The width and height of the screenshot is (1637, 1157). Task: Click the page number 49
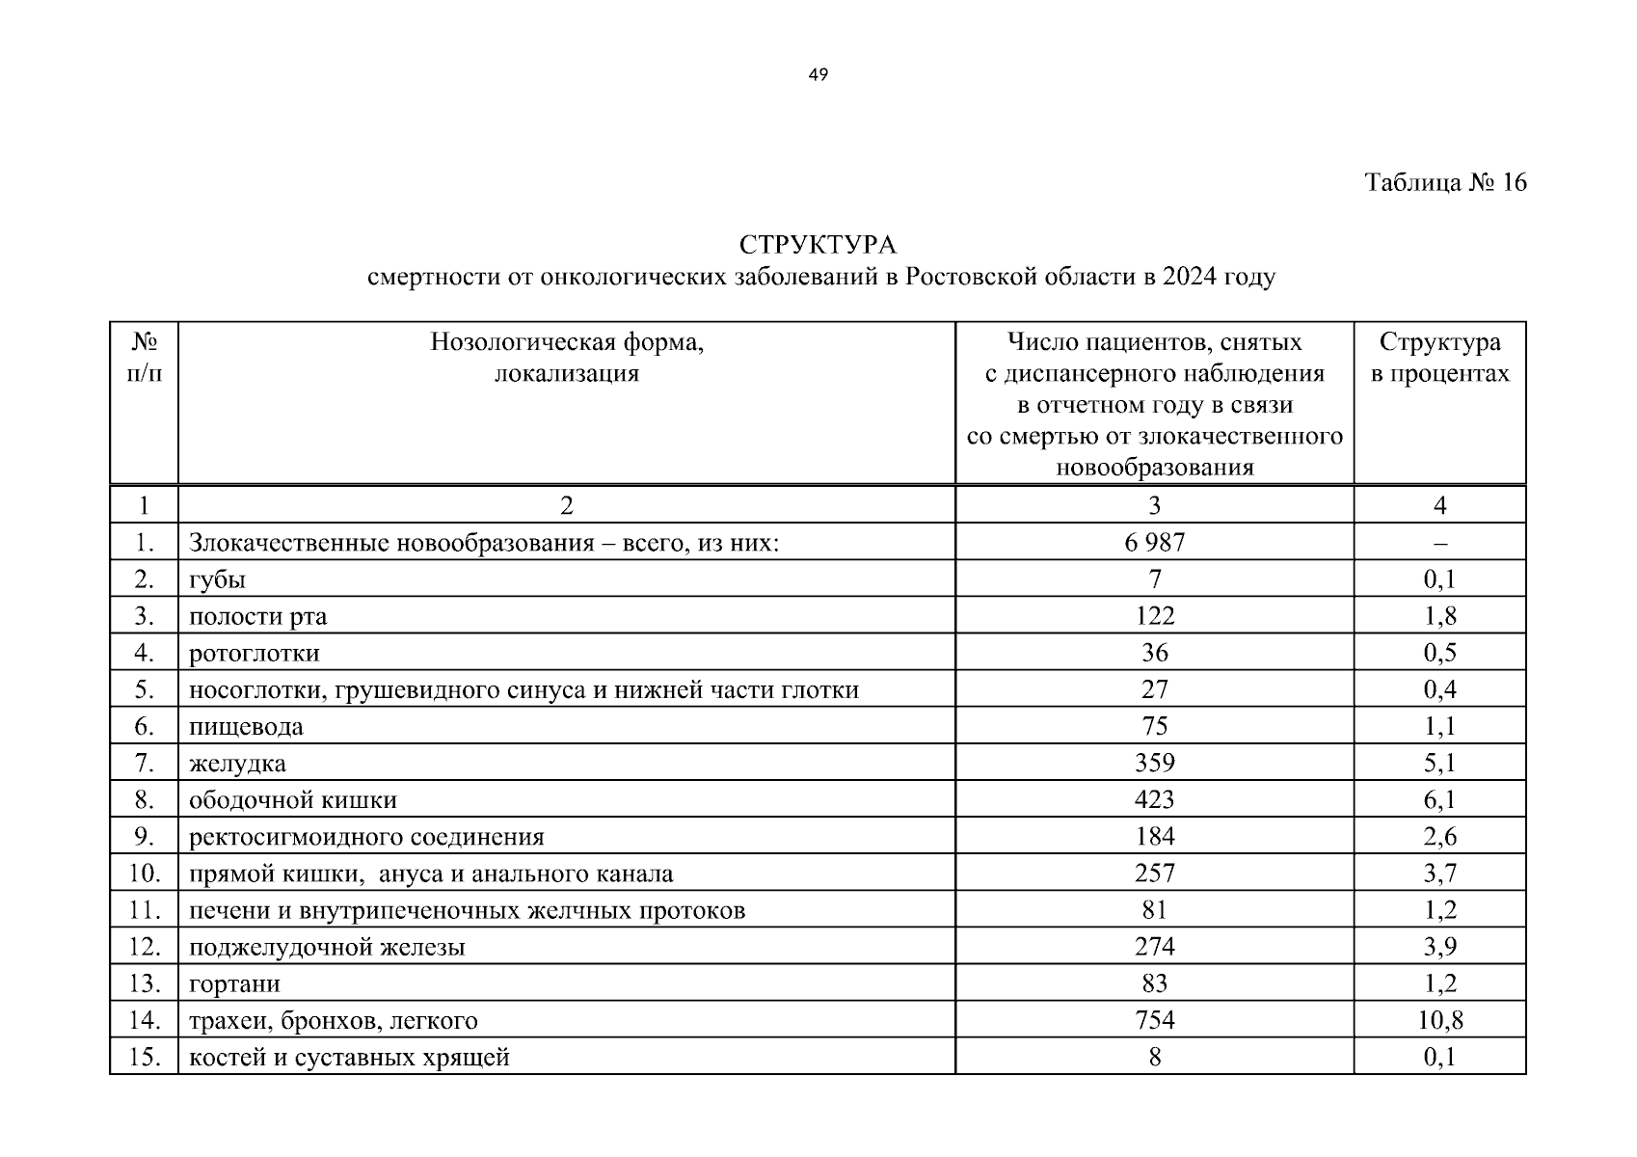818,75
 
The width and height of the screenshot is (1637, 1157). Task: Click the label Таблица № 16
1445,182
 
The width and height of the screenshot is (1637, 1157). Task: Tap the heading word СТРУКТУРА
818,245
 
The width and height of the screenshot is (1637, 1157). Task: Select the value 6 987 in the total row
1154,543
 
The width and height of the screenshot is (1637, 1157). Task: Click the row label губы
217,579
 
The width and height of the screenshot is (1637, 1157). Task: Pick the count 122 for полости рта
1154,616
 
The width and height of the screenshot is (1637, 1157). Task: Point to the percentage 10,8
1439,1020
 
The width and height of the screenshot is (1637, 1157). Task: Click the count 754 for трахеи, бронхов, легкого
1154,1020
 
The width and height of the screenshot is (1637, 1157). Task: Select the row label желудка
237,764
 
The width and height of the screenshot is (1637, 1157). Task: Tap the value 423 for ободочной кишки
1154,800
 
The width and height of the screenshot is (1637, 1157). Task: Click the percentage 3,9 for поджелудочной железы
1439,947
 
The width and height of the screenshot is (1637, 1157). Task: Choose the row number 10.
144,874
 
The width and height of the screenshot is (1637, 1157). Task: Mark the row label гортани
234,983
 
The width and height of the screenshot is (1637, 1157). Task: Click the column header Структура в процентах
1439,358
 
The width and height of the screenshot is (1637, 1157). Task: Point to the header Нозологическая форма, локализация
567,358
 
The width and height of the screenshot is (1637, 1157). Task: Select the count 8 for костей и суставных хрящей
1154,1057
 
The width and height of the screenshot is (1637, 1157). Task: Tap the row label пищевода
246,727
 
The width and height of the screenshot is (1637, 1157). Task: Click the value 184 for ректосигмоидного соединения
1154,837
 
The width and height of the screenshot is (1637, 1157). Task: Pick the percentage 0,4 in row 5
1439,689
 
